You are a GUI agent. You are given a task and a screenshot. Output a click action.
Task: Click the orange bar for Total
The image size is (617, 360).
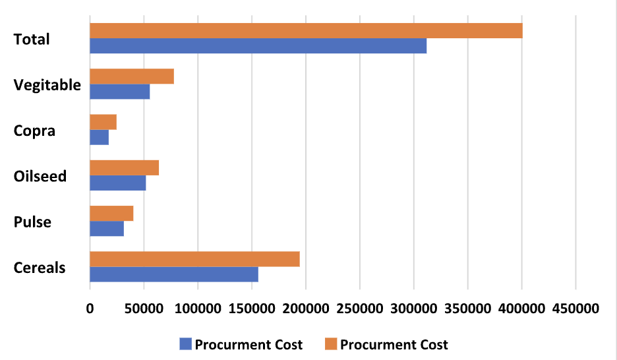coord(306,31)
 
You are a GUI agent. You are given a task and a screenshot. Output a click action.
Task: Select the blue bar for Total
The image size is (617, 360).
coord(258,46)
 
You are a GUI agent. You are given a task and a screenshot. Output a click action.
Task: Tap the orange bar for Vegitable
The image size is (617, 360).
coord(132,76)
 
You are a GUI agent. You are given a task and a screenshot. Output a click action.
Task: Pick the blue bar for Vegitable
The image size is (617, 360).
coord(119,92)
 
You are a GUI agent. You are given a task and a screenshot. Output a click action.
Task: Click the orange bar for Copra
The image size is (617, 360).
coord(103,122)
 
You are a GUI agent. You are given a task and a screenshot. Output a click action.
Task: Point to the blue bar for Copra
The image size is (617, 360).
coord(99,137)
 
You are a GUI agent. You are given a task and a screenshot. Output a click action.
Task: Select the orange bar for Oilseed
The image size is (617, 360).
coord(124,168)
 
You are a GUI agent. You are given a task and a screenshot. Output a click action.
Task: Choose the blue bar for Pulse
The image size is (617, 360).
coord(107,229)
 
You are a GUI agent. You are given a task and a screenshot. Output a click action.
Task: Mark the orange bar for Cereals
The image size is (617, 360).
coord(194,259)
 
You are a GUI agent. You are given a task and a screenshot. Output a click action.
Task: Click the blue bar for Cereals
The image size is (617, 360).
coord(174,274)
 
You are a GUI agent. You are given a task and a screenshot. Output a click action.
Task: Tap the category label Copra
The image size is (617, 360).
coord(34,131)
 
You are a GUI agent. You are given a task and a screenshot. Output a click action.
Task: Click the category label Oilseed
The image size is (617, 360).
coord(40,176)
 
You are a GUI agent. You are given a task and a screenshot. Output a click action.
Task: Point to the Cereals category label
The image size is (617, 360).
coord(40,268)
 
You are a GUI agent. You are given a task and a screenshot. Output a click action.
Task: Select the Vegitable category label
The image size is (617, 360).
coord(47,85)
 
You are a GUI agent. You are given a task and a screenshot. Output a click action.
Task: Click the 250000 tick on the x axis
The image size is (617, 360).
coord(360,308)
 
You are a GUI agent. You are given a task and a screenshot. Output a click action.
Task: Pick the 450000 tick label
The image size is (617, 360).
coord(575,308)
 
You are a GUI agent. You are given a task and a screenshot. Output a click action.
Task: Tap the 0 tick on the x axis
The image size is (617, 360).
coord(90,308)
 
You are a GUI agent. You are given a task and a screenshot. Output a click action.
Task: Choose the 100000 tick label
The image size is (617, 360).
coord(198,308)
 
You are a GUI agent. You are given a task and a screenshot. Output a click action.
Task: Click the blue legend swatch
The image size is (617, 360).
coord(185,344)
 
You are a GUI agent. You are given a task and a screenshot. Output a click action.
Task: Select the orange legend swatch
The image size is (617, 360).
coord(330,344)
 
